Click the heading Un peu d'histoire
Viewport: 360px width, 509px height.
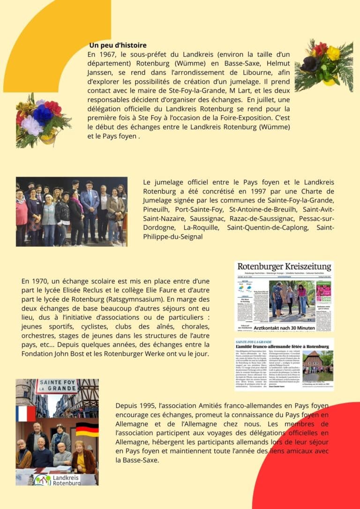point(118,45)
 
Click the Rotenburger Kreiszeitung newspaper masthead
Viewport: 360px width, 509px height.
point(284,267)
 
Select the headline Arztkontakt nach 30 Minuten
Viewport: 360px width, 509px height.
point(284,328)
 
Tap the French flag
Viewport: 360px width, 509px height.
point(26,413)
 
